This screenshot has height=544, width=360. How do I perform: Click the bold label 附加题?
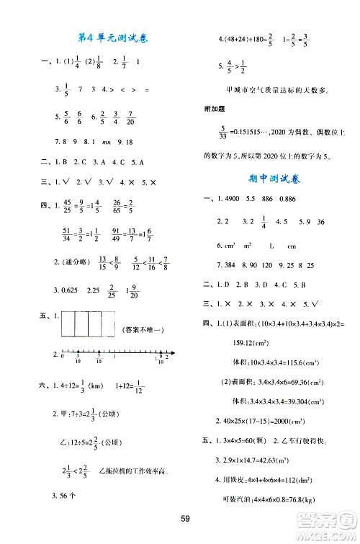pos(217,110)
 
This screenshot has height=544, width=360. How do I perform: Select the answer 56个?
pos(69,495)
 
